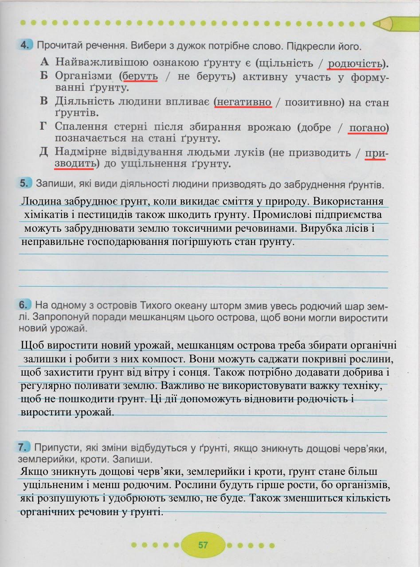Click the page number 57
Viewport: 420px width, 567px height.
pos(203,545)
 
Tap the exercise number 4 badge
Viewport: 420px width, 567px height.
pos(26,45)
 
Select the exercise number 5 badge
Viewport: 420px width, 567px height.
pos(26,183)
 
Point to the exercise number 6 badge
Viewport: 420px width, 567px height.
pos(26,305)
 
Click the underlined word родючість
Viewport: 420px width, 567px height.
pos(354,63)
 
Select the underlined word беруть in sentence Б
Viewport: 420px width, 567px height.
pos(140,76)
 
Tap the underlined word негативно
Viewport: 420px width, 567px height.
pos(243,102)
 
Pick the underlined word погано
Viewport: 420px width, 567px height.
pos(367,128)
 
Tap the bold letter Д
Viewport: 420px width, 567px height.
pos(43,152)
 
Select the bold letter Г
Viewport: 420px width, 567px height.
pos(43,127)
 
